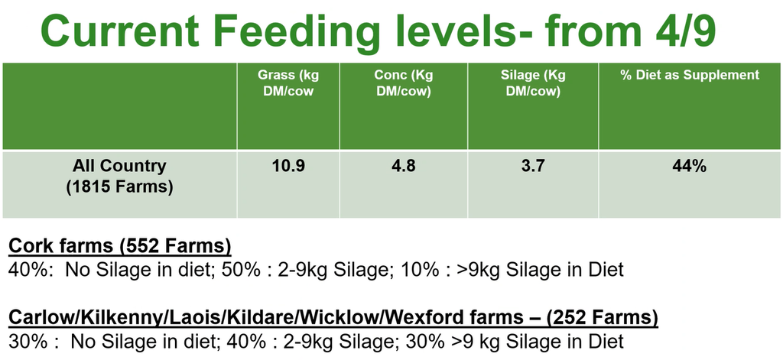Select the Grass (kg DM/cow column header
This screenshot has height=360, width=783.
point(288,83)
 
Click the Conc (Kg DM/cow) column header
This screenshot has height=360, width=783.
point(404,83)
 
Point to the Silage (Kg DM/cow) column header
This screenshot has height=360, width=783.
point(533,83)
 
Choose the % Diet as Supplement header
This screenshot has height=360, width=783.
point(690,76)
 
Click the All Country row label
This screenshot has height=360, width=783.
point(119,166)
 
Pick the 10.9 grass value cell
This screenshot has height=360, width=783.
point(288,167)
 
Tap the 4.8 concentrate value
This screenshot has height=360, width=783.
point(404,167)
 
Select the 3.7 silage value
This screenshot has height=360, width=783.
point(533,167)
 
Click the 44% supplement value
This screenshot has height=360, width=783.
point(690,167)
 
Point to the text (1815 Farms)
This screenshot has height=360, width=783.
point(119,188)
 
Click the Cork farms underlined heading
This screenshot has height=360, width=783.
point(120,247)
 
